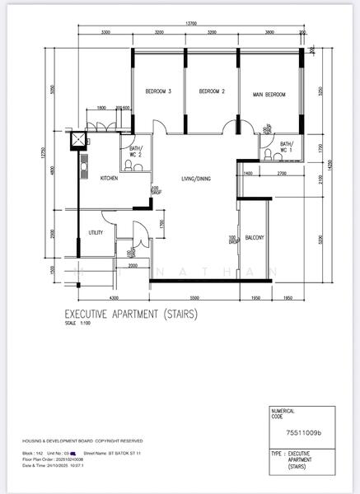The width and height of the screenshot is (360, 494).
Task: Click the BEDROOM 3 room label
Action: click(158, 91)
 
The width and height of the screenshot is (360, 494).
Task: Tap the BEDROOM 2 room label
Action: click(213, 91)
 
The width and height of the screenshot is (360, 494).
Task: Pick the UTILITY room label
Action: click(96, 233)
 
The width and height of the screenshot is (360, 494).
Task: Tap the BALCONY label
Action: click(255, 238)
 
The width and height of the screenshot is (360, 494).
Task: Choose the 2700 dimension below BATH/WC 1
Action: click(281, 174)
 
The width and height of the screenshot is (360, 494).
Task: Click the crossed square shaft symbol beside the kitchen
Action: click(79, 139)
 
